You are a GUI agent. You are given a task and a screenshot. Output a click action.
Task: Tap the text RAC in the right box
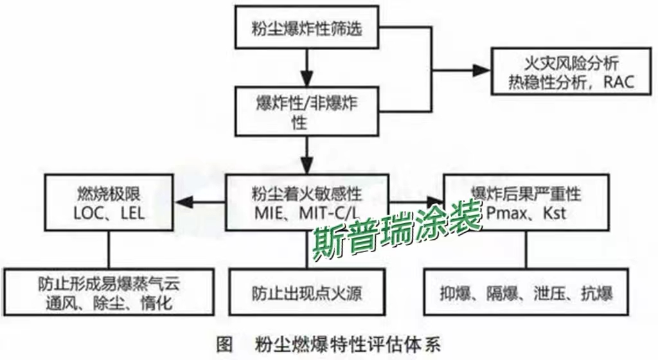[618, 82]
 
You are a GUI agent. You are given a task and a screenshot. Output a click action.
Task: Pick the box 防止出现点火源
[307, 294]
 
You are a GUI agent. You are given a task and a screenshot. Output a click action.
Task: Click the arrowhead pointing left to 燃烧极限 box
[184, 203]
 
